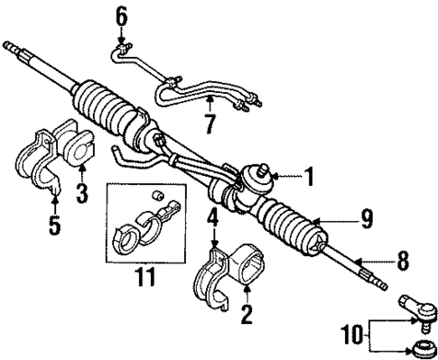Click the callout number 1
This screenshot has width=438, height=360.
pos(309,178)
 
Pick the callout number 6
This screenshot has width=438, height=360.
pos(121,15)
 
